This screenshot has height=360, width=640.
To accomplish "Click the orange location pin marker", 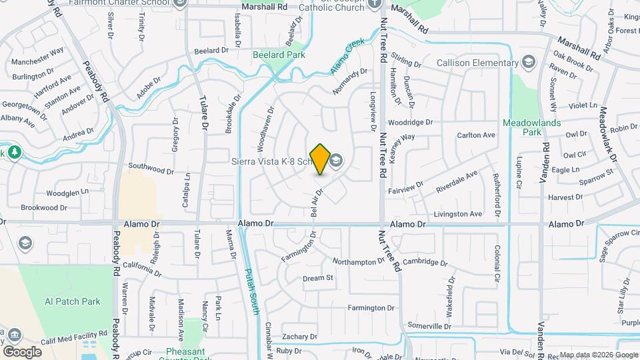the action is [320, 159].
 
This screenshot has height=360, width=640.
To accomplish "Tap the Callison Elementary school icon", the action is [529, 63].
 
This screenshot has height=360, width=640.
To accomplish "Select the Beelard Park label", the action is [279, 55].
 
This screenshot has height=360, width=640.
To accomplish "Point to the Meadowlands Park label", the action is [531, 127].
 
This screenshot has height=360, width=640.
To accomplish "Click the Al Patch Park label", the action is [72, 301].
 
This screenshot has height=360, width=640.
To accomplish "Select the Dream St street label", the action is [317, 278].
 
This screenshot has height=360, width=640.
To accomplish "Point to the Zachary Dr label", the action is [299, 337].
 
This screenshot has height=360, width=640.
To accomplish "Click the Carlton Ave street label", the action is [476, 135].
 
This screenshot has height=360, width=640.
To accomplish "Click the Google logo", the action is [23, 351].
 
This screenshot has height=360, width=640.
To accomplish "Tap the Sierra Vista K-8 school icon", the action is [337, 160].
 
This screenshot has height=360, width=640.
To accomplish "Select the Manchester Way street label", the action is [38, 50].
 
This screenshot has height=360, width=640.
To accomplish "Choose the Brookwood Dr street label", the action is [44, 208].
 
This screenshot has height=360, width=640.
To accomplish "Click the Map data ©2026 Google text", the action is [597, 355].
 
